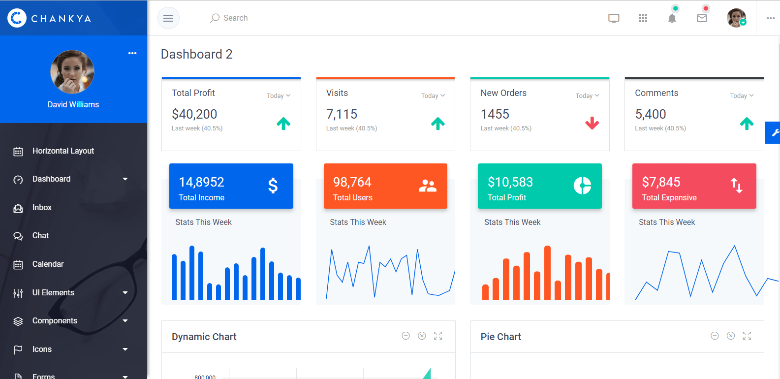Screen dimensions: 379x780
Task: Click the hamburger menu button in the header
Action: (x=168, y=18)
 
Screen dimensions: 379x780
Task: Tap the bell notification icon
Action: (x=672, y=18)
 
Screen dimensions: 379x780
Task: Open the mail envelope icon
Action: (x=702, y=18)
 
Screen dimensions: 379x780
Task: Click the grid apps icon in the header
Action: (x=643, y=18)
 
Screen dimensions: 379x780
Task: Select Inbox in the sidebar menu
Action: (x=42, y=208)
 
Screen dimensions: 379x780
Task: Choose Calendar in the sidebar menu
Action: (x=48, y=264)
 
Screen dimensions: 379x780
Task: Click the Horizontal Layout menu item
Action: (x=63, y=151)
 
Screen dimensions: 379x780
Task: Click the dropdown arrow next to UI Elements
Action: (x=125, y=293)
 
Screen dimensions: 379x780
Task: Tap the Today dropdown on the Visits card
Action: (x=433, y=96)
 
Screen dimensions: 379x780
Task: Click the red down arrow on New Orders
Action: (x=592, y=123)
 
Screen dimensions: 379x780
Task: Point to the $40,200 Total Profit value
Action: (x=194, y=114)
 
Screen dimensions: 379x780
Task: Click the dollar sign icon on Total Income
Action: (x=273, y=186)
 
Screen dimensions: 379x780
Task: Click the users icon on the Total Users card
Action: (x=427, y=186)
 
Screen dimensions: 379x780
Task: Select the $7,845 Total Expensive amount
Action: (x=661, y=182)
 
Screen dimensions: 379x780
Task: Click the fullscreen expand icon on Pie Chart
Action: (x=747, y=336)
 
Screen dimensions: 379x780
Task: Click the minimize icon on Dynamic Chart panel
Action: (x=406, y=336)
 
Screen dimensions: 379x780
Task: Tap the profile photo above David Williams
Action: (x=72, y=72)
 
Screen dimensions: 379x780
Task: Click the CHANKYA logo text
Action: (x=61, y=19)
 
